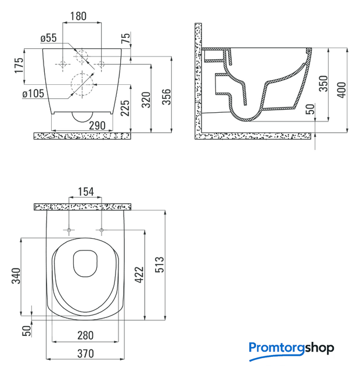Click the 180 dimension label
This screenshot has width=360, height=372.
[78, 16]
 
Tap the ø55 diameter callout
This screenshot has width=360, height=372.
[49, 38]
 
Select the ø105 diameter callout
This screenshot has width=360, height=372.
[33, 94]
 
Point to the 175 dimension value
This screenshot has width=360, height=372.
[19, 65]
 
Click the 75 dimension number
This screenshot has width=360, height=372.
[126, 38]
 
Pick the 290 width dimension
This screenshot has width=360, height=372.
[97, 126]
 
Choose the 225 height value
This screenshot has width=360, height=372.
[125, 108]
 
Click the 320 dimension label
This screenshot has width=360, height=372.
[146, 99]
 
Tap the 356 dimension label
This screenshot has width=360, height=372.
[167, 97]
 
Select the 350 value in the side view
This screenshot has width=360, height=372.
[323, 84]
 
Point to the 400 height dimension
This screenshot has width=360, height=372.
[341, 90]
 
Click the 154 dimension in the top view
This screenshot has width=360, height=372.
[86, 192]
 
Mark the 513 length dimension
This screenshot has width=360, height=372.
[159, 264]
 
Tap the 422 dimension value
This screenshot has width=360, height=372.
[139, 275]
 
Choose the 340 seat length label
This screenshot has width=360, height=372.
[16, 276]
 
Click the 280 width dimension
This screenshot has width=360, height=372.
[85, 335]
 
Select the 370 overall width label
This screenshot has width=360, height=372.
[85, 353]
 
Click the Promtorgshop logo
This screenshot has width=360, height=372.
[291, 350]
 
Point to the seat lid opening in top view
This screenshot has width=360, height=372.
[85, 263]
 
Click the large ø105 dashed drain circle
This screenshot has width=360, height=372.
[82, 84]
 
